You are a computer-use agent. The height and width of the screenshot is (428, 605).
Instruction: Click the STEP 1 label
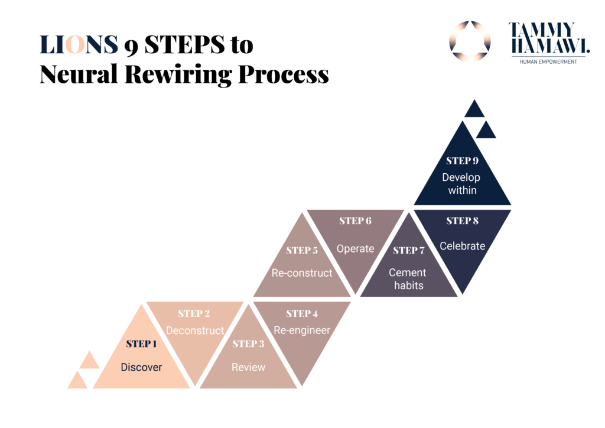click(x=141, y=343)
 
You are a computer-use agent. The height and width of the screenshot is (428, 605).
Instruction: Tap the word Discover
click(x=141, y=367)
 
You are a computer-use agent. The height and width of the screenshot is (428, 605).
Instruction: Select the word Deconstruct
click(x=195, y=330)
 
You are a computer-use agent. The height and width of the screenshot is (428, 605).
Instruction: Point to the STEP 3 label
click(x=248, y=343)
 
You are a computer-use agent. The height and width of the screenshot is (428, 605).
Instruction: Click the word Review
click(x=248, y=367)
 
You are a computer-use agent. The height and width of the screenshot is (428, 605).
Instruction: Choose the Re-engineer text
click(x=301, y=330)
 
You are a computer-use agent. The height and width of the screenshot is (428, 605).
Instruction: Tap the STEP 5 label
click(x=302, y=250)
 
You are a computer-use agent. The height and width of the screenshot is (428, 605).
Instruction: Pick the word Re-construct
click(x=302, y=273)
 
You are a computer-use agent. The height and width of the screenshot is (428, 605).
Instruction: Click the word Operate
click(x=355, y=248)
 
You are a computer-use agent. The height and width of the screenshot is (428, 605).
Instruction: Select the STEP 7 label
click(x=408, y=250)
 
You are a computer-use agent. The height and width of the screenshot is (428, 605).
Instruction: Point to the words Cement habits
click(x=408, y=279)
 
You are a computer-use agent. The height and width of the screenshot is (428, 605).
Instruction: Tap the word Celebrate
click(x=462, y=246)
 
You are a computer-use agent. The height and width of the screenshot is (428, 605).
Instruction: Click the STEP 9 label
click(x=462, y=161)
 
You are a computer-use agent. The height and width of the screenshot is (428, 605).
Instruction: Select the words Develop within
click(x=462, y=184)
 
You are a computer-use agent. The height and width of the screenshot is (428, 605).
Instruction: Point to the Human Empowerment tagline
click(x=548, y=62)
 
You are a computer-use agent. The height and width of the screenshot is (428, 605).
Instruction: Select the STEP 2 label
click(x=194, y=313)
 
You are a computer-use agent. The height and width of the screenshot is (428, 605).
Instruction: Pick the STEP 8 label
click(x=462, y=221)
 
